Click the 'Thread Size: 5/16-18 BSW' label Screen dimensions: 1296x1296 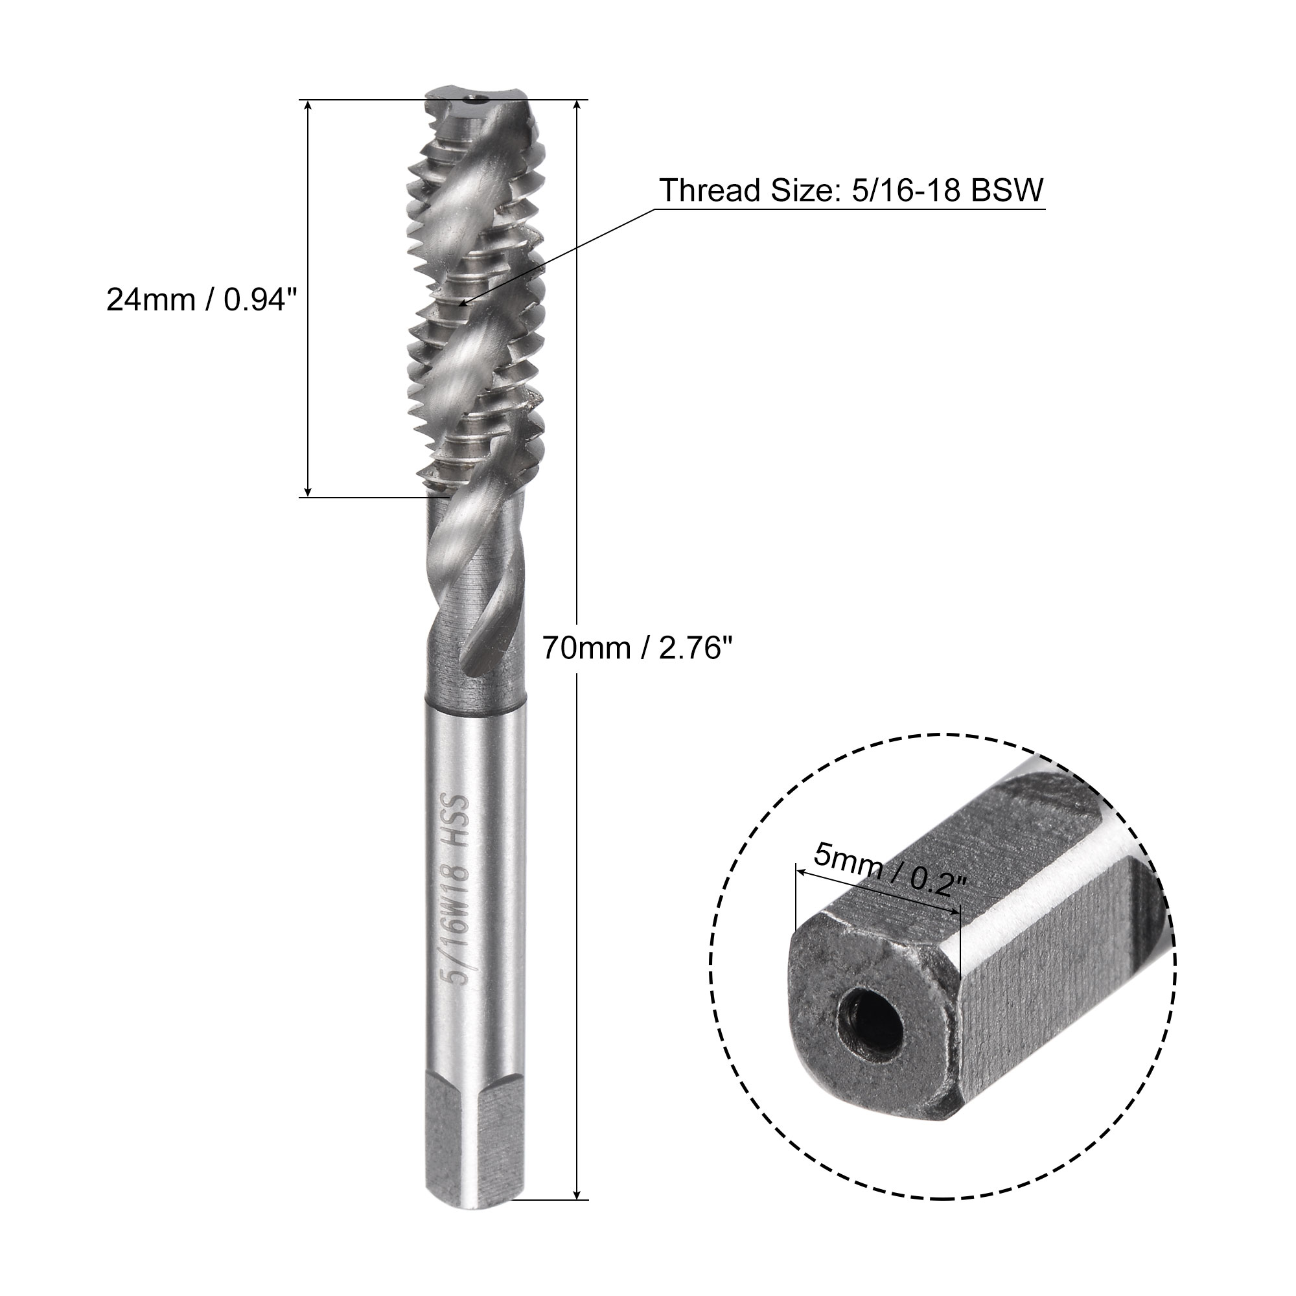[x=851, y=191]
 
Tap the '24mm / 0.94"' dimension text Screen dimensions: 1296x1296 [x=202, y=300]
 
